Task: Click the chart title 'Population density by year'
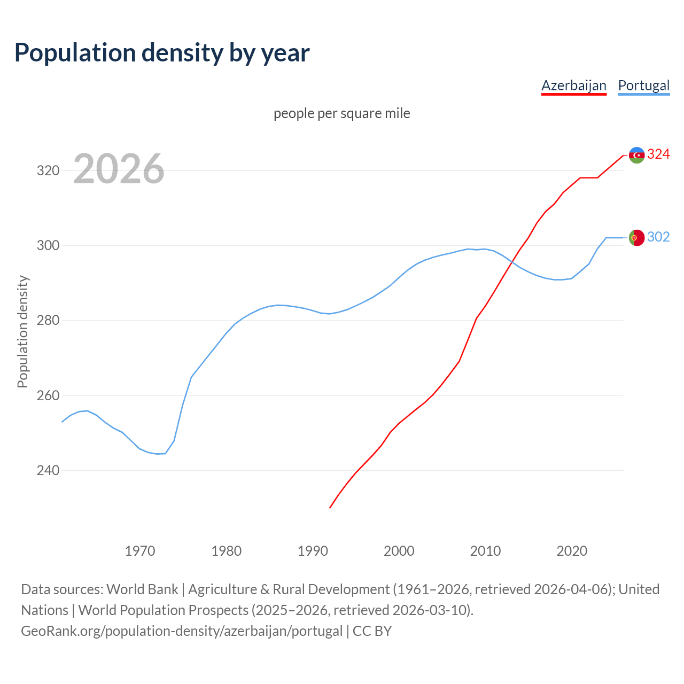(x=162, y=52)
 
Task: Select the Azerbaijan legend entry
(x=574, y=85)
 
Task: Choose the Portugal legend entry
(x=643, y=85)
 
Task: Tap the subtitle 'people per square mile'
(x=342, y=113)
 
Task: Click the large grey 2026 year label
(x=119, y=169)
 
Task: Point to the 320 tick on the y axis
(x=48, y=171)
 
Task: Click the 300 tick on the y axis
(x=48, y=246)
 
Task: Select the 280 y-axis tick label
(x=48, y=321)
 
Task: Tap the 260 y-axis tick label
(x=48, y=396)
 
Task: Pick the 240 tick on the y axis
(x=48, y=471)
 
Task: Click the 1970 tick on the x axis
(x=140, y=550)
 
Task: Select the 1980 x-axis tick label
(x=227, y=550)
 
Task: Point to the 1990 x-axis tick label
(x=313, y=550)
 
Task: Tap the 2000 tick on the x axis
(x=399, y=550)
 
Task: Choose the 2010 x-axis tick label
(x=485, y=550)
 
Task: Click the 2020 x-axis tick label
(x=572, y=550)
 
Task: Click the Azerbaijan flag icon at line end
(x=636, y=155)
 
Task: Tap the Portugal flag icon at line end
(x=636, y=238)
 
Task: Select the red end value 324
(x=658, y=154)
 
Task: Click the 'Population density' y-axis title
(x=22, y=331)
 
